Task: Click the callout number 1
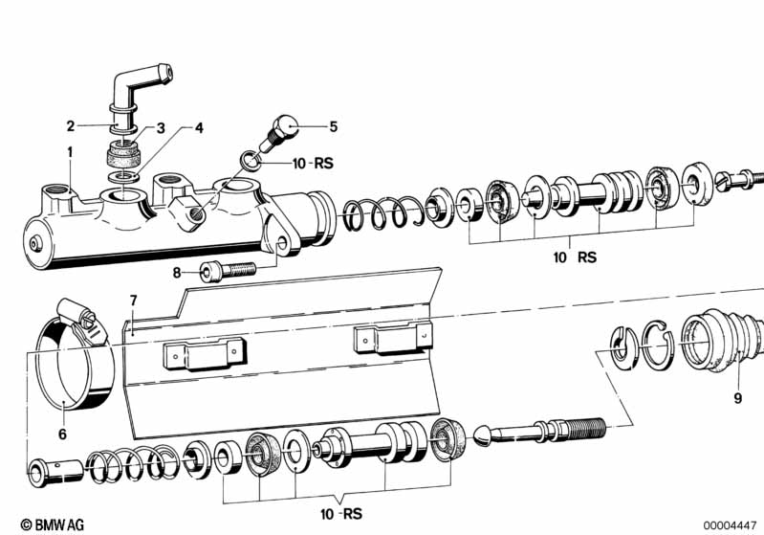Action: pos(70,152)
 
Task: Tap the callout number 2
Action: pos(71,126)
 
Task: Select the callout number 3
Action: pos(161,128)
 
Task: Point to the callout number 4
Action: pos(199,128)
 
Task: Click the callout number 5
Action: pos(334,126)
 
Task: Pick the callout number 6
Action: pos(62,434)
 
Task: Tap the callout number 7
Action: pos(134,301)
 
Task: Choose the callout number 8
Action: pos(177,273)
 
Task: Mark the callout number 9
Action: pos(737,398)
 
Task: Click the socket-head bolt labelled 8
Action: pos(228,270)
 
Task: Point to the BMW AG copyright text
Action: pos(53,524)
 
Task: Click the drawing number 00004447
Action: pos(730,525)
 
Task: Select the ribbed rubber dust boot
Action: pos(722,339)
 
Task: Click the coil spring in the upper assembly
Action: pos(381,212)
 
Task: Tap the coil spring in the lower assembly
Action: pos(133,461)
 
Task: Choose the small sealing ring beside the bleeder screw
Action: pos(250,161)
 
